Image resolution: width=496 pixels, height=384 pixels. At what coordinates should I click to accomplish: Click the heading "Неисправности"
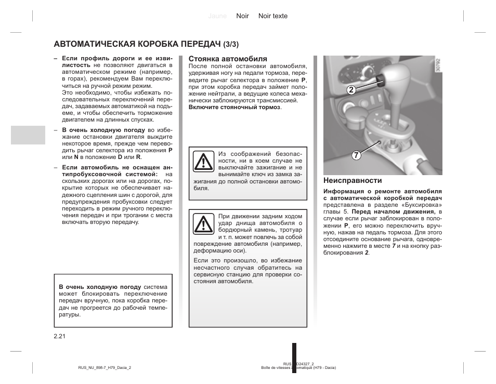pyautogui.click(x=353, y=181)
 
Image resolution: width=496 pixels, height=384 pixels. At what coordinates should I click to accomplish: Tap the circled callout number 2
pyautogui.click(x=351, y=89)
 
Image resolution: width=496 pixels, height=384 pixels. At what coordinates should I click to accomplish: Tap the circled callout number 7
pyautogui.click(x=356, y=155)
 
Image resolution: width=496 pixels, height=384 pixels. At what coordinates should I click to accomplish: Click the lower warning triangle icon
pyautogui.click(x=203, y=224)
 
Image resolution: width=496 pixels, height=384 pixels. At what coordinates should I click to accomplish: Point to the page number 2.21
pyautogui.click(x=59, y=337)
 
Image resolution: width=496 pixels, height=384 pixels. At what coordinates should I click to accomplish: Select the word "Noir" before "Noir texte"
pyautogui.click(x=243, y=16)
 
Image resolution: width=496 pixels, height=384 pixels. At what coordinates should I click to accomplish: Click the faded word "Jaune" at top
pyautogui.click(x=217, y=16)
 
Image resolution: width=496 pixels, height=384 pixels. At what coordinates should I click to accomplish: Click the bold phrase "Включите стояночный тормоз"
pyautogui.click(x=234, y=107)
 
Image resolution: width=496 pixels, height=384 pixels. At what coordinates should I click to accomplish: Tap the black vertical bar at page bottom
pyautogui.click(x=294, y=357)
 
